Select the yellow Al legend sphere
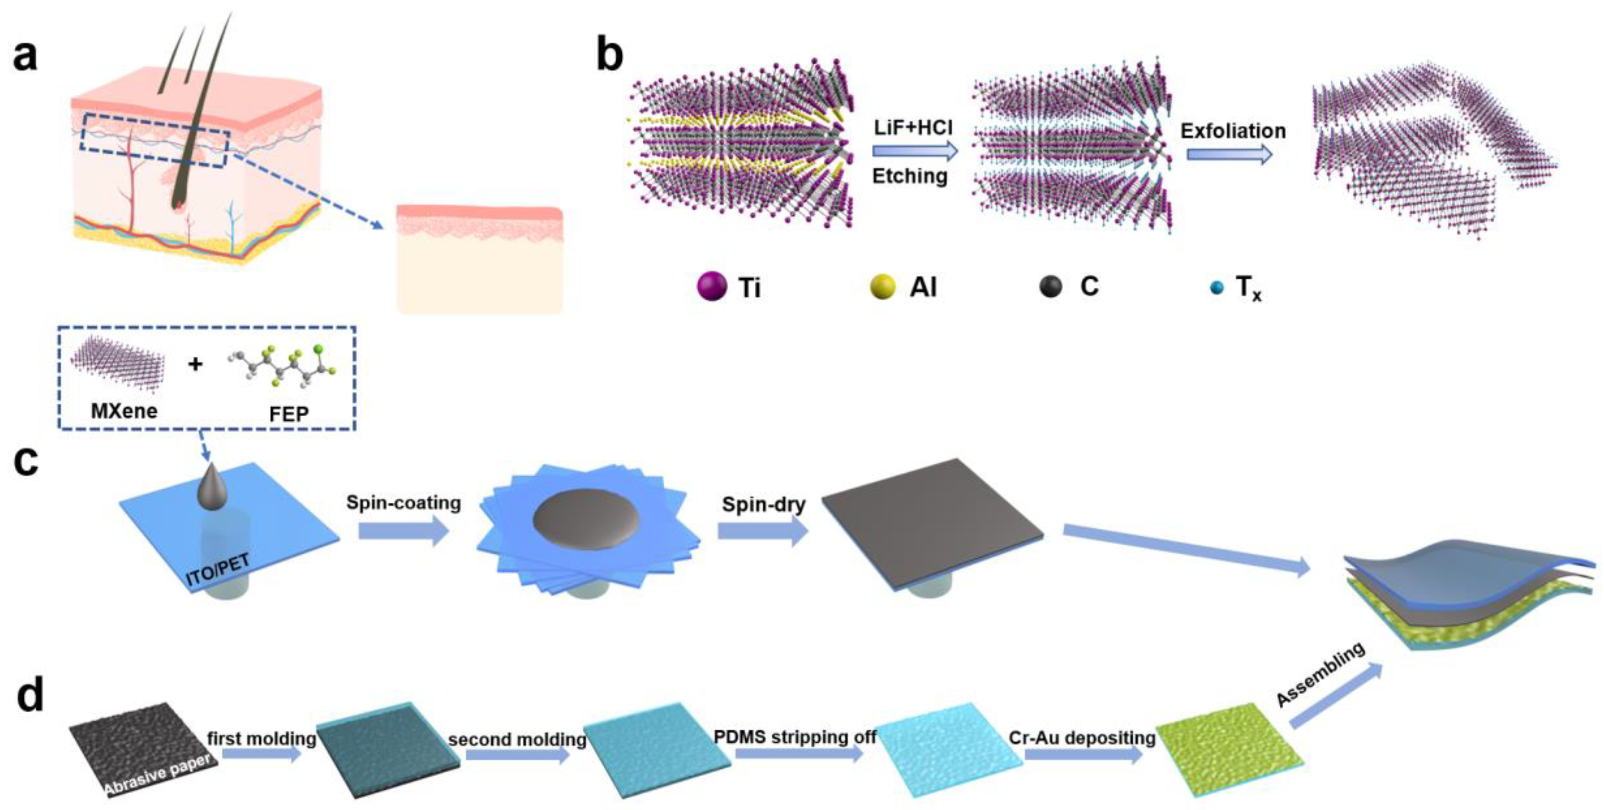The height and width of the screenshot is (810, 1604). [x=882, y=286]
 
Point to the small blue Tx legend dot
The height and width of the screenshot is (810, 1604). [x=1216, y=288]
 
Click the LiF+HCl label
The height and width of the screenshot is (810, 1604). [x=913, y=128]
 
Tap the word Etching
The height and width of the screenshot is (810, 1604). [x=910, y=176]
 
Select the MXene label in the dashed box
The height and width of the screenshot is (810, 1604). [x=124, y=411]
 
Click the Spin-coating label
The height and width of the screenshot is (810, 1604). [x=404, y=502]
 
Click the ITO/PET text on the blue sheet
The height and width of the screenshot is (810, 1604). [x=218, y=570]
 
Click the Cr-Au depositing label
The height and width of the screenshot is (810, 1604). [x=1081, y=738]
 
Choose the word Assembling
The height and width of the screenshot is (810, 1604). [x=1321, y=675]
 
